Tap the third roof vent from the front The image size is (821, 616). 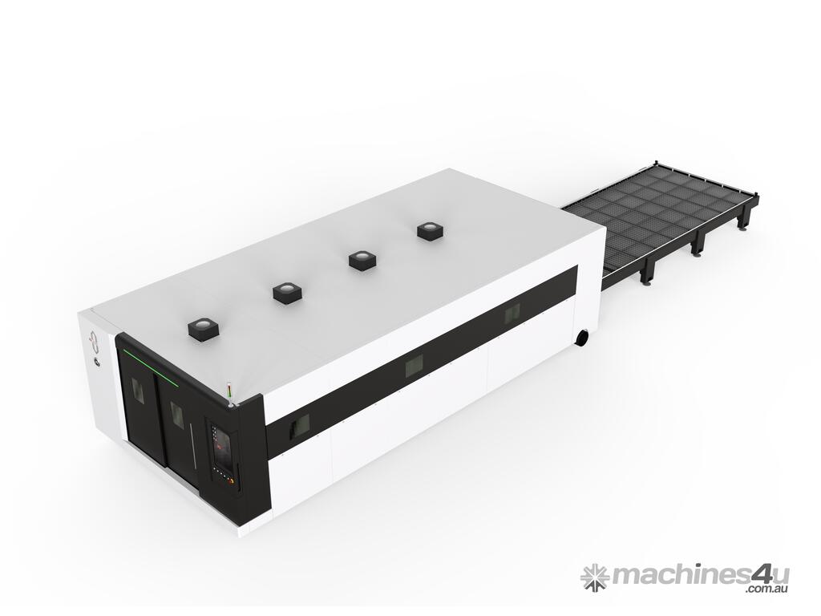362,259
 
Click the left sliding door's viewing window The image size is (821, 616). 138,390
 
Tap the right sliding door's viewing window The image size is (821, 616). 175,414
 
